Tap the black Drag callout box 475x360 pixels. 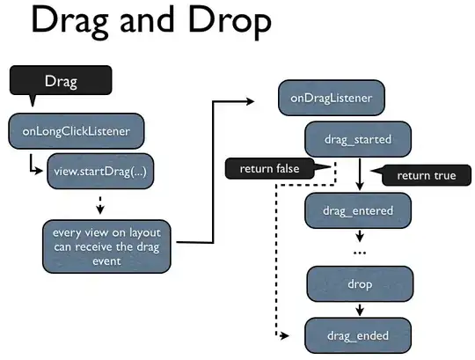click(60, 82)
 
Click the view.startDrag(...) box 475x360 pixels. click(101, 173)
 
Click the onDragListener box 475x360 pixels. click(331, 98)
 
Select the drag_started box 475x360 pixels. click(360, 139)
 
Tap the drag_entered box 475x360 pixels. click(360, 210)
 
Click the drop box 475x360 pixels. click(360, 284)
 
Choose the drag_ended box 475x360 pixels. click(360, 335)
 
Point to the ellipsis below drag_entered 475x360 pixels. click(360, 253)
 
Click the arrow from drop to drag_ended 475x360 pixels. click(360, 310)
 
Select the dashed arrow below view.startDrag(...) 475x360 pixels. click(101, 204)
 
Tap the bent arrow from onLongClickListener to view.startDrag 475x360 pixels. click(33, 165)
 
